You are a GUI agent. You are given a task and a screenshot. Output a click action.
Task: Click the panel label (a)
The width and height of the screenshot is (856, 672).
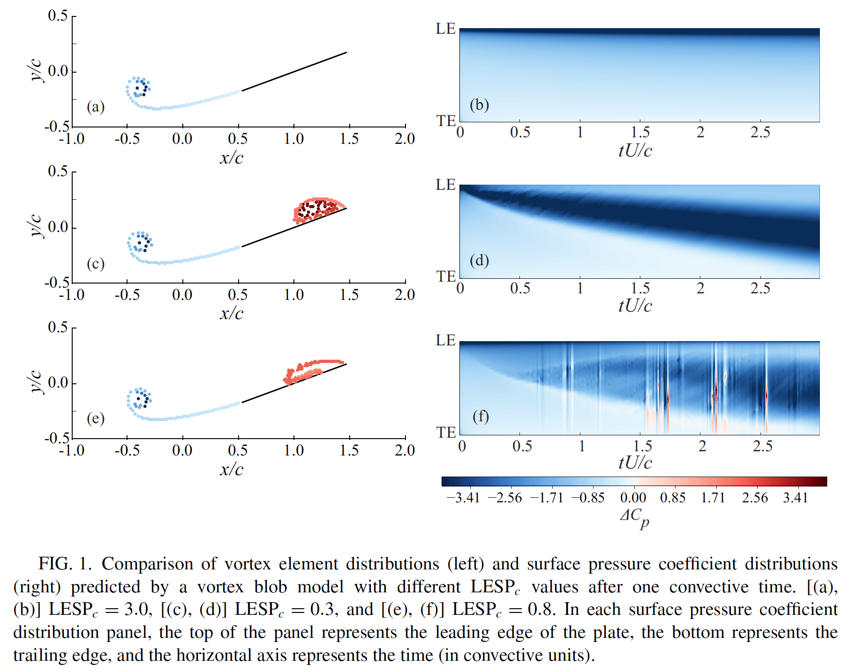click(x=96, y=107)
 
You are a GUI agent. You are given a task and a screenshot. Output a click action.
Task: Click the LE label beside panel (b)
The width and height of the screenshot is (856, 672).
click(x=445, y=29)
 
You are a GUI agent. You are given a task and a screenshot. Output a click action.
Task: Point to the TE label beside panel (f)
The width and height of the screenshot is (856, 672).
click(x=446, y=432)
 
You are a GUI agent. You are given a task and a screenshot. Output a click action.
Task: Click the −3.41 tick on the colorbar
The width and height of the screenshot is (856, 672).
click(x=463, y=497)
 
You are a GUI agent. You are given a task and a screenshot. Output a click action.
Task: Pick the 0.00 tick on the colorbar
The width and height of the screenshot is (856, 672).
click(x=633, y=497)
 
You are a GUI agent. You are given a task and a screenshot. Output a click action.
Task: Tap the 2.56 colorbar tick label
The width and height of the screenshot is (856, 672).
click(x=755, y=497)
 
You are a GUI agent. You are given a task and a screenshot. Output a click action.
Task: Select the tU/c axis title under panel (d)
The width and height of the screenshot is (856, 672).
click(x=635, y=306)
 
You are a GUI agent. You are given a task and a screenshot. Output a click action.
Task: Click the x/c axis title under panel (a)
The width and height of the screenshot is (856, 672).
click(x=232, y=157)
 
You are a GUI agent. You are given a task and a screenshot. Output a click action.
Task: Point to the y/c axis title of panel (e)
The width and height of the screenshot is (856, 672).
click(x=35, y=382)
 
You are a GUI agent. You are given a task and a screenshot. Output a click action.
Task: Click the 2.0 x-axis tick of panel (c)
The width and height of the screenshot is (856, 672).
click(x=405, y=295)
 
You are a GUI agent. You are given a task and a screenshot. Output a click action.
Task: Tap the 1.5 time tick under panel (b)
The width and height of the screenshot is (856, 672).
click(x=640, y=132)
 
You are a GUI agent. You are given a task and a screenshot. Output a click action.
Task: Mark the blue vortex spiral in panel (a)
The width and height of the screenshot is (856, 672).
click(x=139, y=88)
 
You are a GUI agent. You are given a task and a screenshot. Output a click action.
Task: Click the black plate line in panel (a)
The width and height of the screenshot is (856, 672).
click(x=294, y=71)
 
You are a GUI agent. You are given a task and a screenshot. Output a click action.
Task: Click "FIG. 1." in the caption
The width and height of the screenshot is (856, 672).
click(x=65, y=563)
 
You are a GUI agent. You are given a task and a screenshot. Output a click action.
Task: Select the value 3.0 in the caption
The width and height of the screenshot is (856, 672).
click(x=135, y=609)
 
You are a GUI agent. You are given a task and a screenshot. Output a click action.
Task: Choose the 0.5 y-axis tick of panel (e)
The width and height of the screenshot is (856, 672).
click(x=58, y=327)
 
